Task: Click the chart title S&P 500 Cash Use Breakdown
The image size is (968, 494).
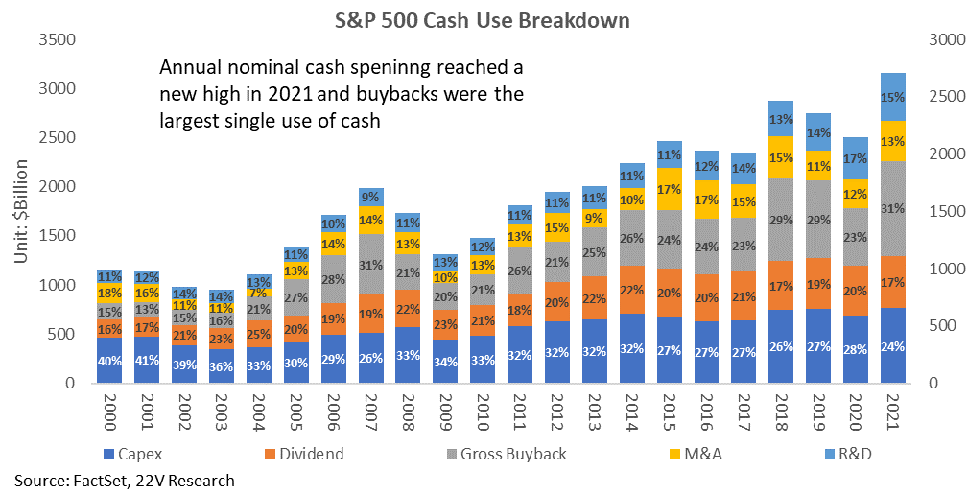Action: (483, 20)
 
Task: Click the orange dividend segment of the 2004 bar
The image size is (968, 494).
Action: (258, 334)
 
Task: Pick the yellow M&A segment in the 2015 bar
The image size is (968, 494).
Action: (670, 189)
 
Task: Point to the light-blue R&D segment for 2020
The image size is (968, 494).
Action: (855, 158)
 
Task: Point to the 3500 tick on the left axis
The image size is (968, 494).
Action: (57, 40)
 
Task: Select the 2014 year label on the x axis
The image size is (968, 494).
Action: (631, 410)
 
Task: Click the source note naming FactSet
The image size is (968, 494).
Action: (125, 481)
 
